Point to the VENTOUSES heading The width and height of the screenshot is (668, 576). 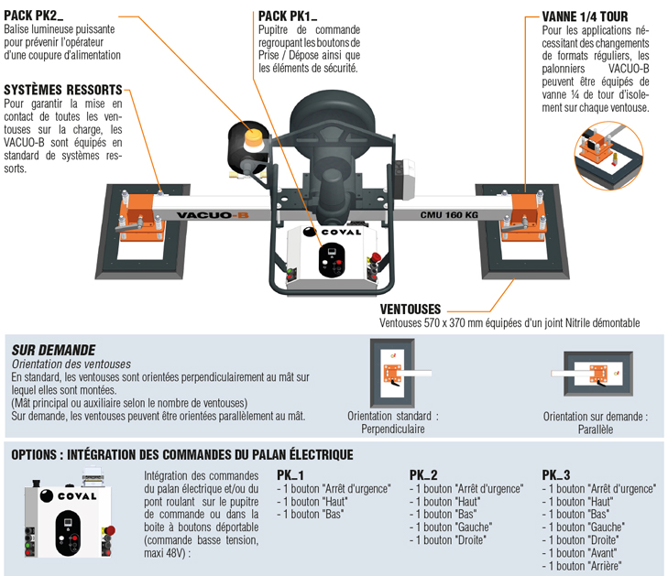(x=410, y=310)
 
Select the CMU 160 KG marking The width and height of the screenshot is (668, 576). (x=448, y=216)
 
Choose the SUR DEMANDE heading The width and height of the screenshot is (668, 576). (x=53, y=350)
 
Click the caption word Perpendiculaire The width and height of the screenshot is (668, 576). (x=392, y=428)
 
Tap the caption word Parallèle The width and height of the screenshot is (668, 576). (x=595, y=429)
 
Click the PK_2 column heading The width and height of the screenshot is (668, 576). (x=422, y=475)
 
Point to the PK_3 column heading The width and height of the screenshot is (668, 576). (x=555, y=475)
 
